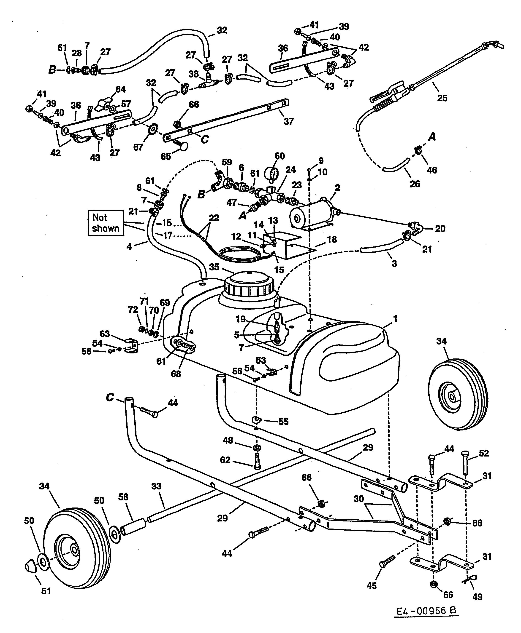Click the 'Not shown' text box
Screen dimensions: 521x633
pyautogui.click(x=106, y=223)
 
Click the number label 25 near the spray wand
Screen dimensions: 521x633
pyautogui.click(x=442, y=98)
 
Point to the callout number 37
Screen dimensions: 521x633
pyautogui.click(x=288, y=121)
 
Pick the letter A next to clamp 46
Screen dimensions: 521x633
pyautogui.click(x=432, y=137)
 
